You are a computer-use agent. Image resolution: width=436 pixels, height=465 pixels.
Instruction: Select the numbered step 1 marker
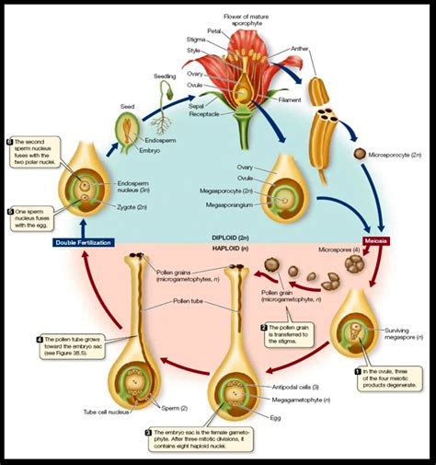pyautogui.click(x=358, y=369)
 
